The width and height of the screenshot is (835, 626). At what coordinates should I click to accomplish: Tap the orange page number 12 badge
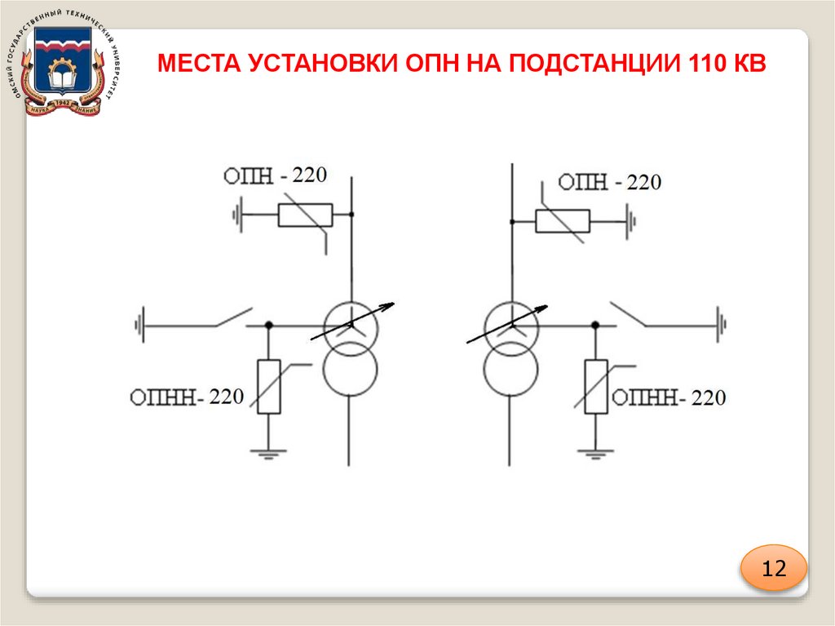pos(773,569)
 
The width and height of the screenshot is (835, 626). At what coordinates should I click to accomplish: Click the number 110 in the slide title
pos(706,64)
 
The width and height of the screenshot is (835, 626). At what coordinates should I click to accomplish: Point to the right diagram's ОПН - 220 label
pos(607,182)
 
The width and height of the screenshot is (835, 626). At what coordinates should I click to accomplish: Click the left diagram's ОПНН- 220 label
pos(187,397)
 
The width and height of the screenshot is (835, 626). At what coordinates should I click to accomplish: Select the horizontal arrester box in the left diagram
pos(305,215)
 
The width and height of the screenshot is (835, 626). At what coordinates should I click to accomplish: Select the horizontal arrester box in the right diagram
pos(562,220)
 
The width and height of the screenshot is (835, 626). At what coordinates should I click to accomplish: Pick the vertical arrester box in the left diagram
pos(269,386)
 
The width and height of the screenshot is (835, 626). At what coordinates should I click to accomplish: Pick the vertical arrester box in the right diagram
pos(596,386)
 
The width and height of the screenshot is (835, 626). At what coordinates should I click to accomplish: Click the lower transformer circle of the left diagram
pos(350,369)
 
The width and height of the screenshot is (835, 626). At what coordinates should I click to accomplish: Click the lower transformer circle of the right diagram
pos(511,369)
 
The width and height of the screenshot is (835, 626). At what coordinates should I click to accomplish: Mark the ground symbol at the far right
pos(720,325)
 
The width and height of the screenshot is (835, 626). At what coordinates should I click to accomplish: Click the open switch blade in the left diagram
pos(233,317)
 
